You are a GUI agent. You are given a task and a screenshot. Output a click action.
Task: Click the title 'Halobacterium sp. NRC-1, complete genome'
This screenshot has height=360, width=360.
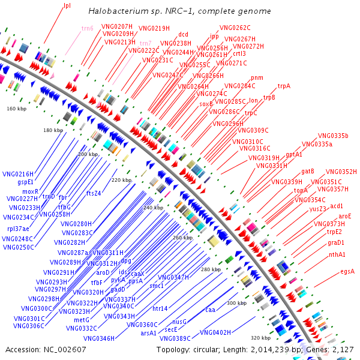tap(179, 11)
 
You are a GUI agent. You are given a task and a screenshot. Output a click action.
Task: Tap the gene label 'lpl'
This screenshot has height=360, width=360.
tap(67, 6)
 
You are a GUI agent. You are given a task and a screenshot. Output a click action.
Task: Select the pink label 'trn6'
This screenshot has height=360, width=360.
tap(88, 28)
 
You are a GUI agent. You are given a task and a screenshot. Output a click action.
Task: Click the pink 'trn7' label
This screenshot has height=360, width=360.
tap(146, 43)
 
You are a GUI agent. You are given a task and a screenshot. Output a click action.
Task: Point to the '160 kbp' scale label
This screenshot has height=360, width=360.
tap(17, 109)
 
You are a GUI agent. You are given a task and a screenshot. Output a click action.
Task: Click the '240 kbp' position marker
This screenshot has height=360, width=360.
tap(153, 208)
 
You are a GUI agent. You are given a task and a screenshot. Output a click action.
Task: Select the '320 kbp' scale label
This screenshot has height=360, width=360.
tap(260, 337)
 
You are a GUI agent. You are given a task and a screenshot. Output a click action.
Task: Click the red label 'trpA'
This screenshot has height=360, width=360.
tap(284, 86)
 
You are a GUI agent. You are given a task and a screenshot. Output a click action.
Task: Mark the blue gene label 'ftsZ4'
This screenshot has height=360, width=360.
tap(94, 193)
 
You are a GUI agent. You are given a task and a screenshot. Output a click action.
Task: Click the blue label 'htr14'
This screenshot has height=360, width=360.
tap(160, 308)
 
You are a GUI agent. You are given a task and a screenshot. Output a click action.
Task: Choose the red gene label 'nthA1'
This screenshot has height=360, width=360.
tap(337, 254)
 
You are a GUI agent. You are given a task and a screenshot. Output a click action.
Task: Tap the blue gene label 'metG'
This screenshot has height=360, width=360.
tap(82, 320)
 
